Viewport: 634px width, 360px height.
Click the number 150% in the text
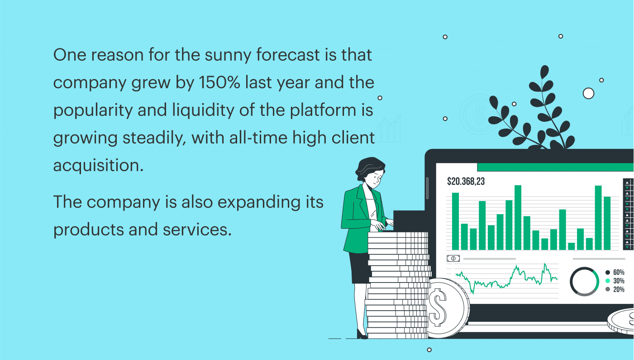[219, 82]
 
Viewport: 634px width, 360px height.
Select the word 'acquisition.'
[99, 165]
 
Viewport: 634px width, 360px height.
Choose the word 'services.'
[197, 230]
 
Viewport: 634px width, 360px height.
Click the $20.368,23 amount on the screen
[466, 181]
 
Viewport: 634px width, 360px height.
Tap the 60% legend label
[619, 272]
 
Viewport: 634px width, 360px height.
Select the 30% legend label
[619, 281]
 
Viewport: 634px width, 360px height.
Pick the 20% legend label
[619, 289]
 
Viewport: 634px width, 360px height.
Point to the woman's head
[371, 172]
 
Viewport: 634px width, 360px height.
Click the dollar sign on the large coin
[438, 307]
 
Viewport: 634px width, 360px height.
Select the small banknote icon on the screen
[453, 258]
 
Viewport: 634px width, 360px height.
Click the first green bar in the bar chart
[455, 221]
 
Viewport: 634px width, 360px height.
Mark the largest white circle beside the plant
[588, 93]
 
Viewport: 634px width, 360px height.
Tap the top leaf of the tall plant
[544, 72]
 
